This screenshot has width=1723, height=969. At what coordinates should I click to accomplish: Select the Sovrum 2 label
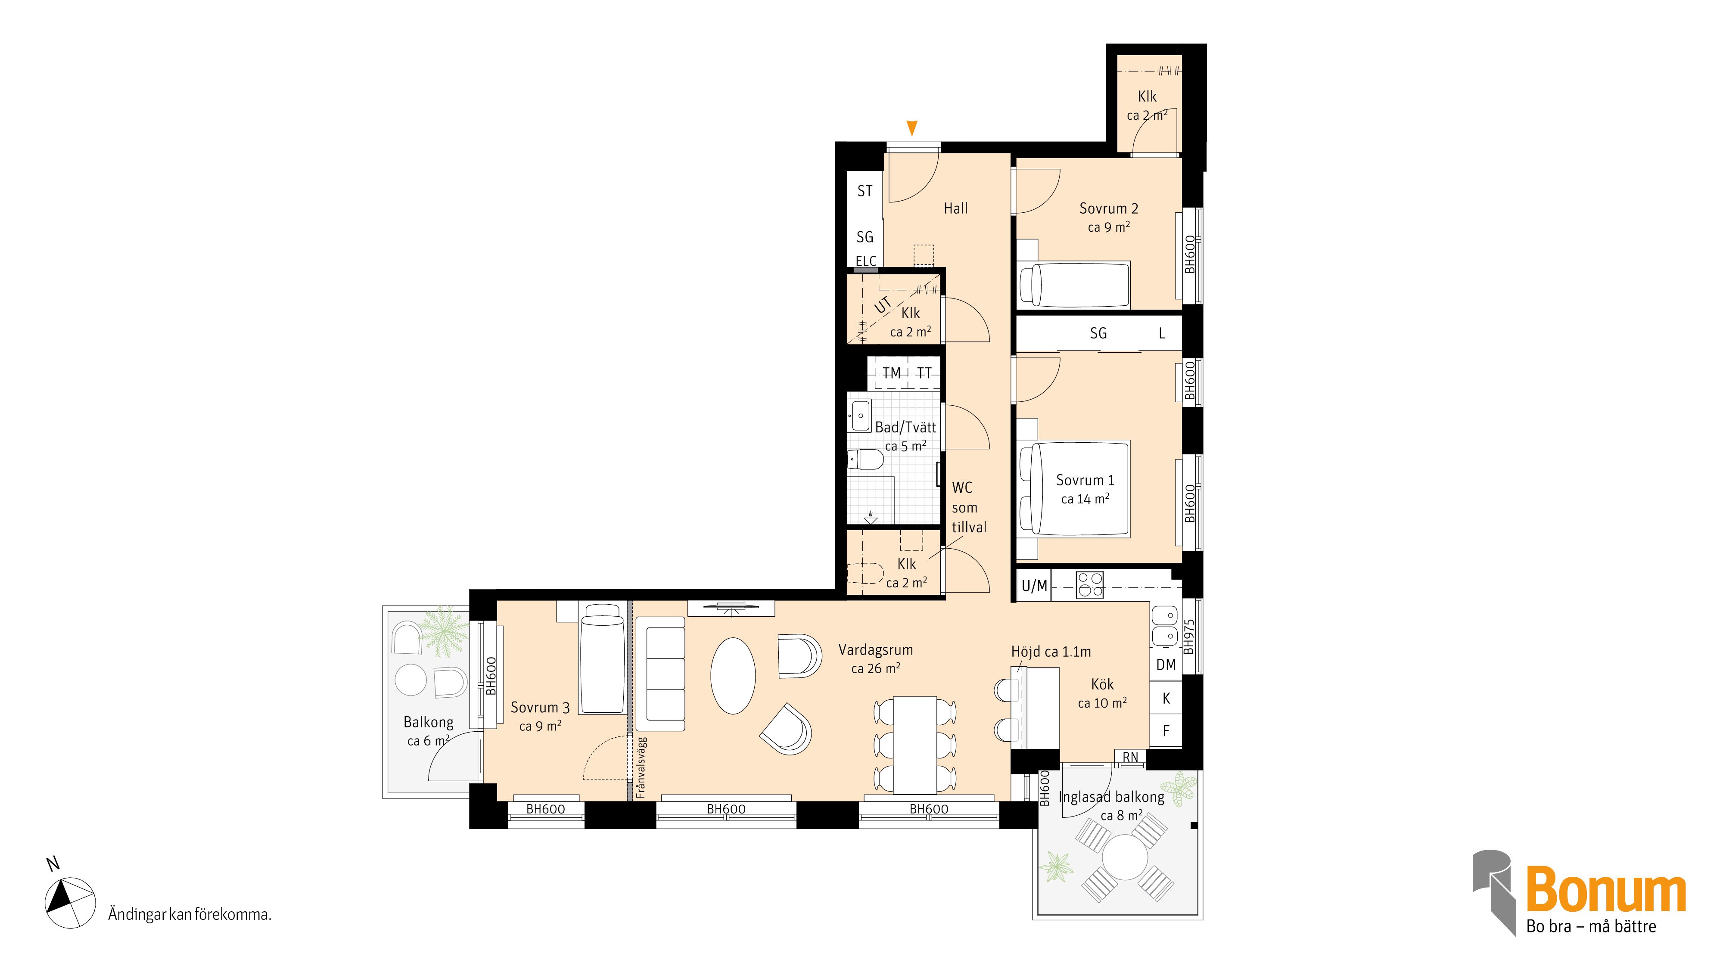tap(1108, 208)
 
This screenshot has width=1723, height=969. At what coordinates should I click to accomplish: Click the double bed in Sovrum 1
tap(1073, 489)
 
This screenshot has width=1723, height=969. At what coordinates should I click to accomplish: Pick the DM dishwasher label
tap(1166, 665)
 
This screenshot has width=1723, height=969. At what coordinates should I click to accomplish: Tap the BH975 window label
tap(1188, 637)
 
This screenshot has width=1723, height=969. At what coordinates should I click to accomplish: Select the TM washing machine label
tap(892, 373)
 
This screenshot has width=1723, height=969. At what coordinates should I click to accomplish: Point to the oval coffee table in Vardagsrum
tap(733, 676)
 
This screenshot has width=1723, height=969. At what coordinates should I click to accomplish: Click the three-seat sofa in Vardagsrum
tap(661, 674)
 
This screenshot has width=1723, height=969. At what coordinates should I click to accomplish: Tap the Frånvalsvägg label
tap(641, 767)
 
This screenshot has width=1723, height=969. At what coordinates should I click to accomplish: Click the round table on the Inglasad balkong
tap(1125, 857)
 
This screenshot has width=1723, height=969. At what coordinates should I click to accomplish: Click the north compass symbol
tap(69, 903)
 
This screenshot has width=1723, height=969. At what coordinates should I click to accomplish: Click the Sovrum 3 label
tap(540, 708)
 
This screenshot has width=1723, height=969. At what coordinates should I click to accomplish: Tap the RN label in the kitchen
tap(1130, 758)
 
